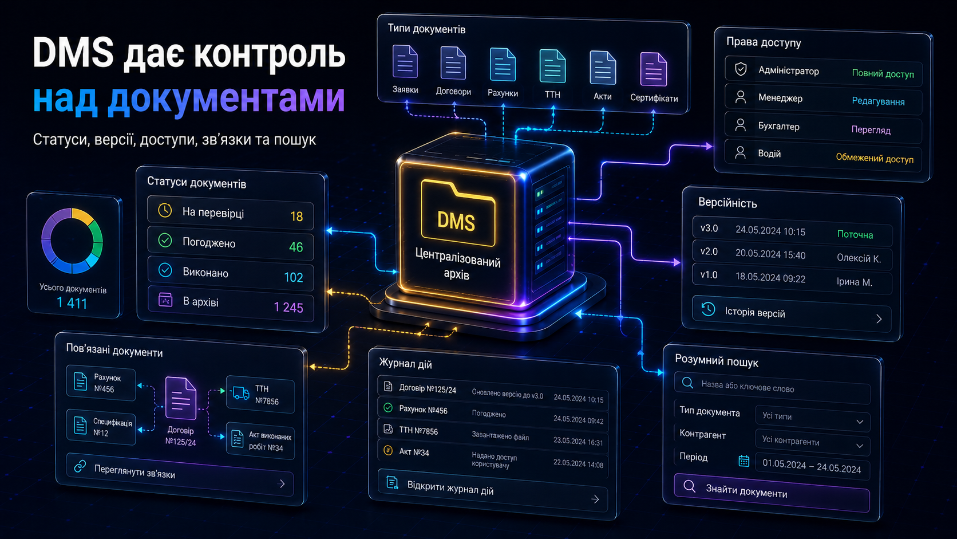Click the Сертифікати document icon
click(653, 69)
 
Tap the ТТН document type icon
click(552, 66)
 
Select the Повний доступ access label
click(883, 73)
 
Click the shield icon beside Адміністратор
click(741, 69)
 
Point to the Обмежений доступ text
click(875, 158)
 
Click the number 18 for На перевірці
click(296, 217)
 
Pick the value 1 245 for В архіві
click(288, 308)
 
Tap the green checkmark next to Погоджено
click(165, 240)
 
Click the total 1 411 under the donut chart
click(72, 303)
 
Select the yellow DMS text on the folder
click(456, 222)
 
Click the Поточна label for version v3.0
click(855, 234)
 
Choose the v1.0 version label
click(709, 275)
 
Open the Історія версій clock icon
click(708, 309)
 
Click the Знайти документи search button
click(772, 493)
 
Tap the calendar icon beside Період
click(744, 461)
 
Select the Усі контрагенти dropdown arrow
click(860, 446)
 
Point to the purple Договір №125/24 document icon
click(181, 398)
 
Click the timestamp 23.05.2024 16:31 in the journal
click(578, 442)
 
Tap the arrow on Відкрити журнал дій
click(595, 499)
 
